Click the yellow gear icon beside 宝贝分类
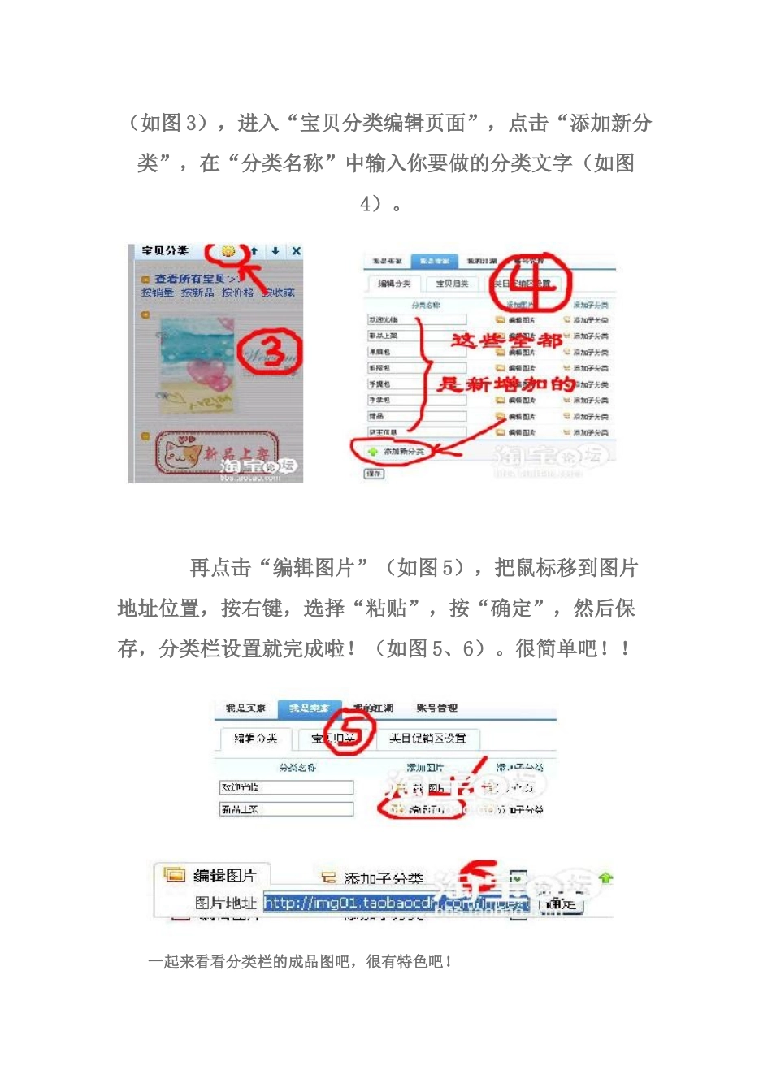click(x=228, y=251)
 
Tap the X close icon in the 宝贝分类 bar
click(x=296, y=251)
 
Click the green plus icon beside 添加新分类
click(x=373, y=451)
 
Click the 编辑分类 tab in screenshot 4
click(x=394, y=284)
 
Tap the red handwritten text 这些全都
click(x=505, y=340)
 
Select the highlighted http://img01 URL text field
click(x=397, y=903)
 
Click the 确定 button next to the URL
click(x=561, y=903)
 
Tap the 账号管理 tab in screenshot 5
click(x=436, y=708)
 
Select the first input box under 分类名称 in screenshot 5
click(x=286, y=787)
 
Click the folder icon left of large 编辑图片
click(x=174, y=875)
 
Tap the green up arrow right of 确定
click(x=605, y=877)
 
